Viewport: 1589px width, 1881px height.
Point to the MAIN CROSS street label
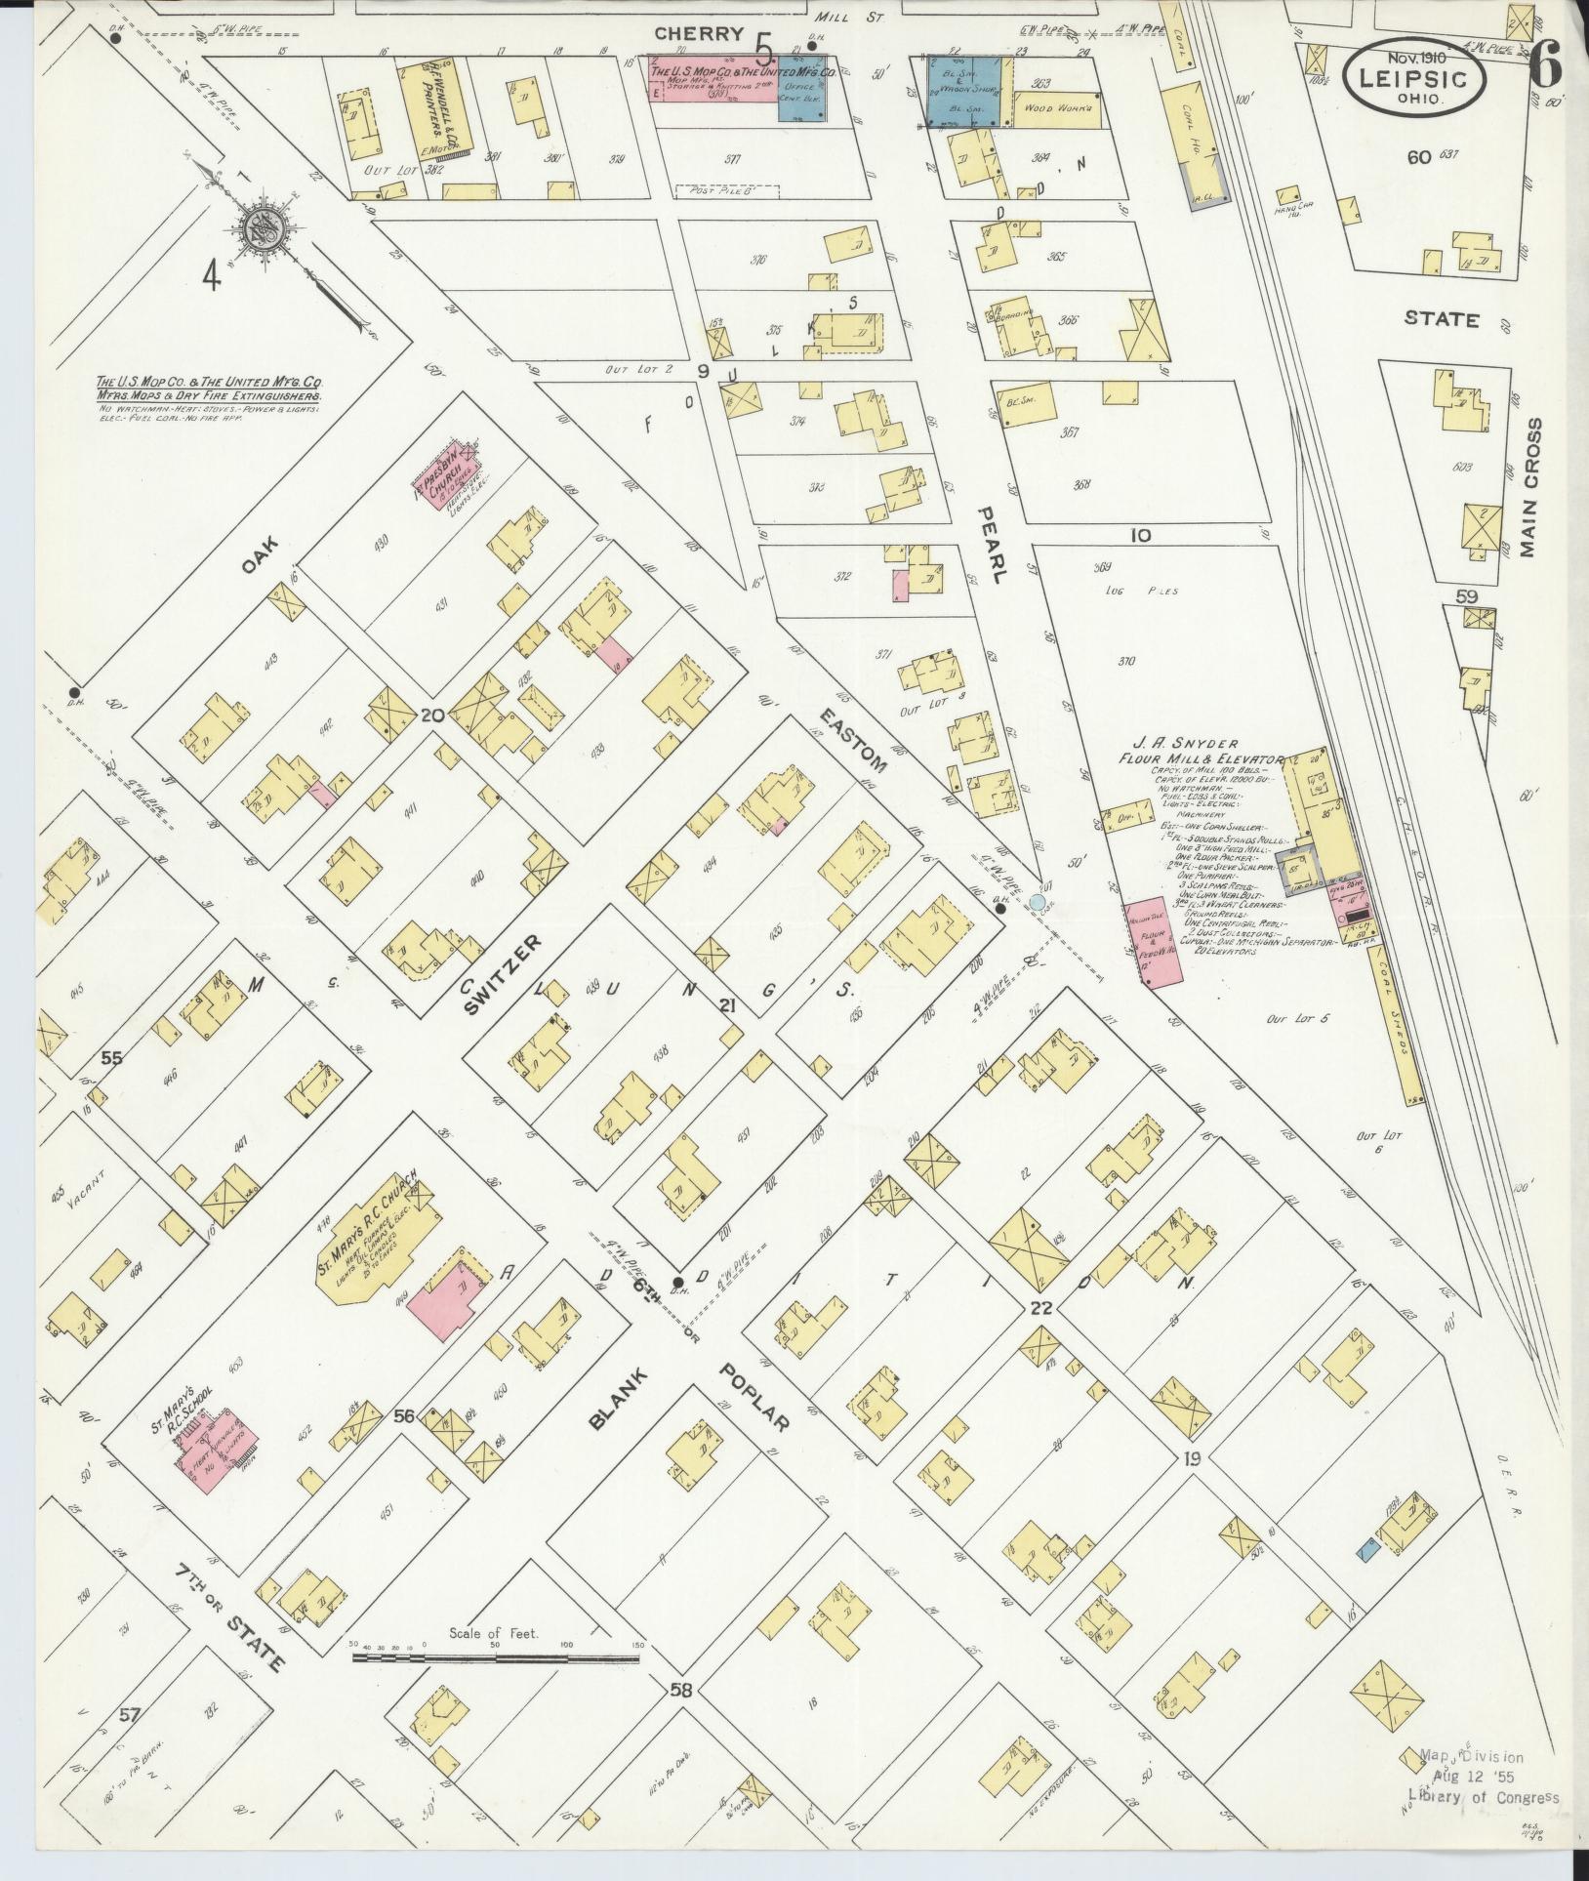[1529, 488]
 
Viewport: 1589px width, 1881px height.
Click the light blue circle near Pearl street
[1037, 901]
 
